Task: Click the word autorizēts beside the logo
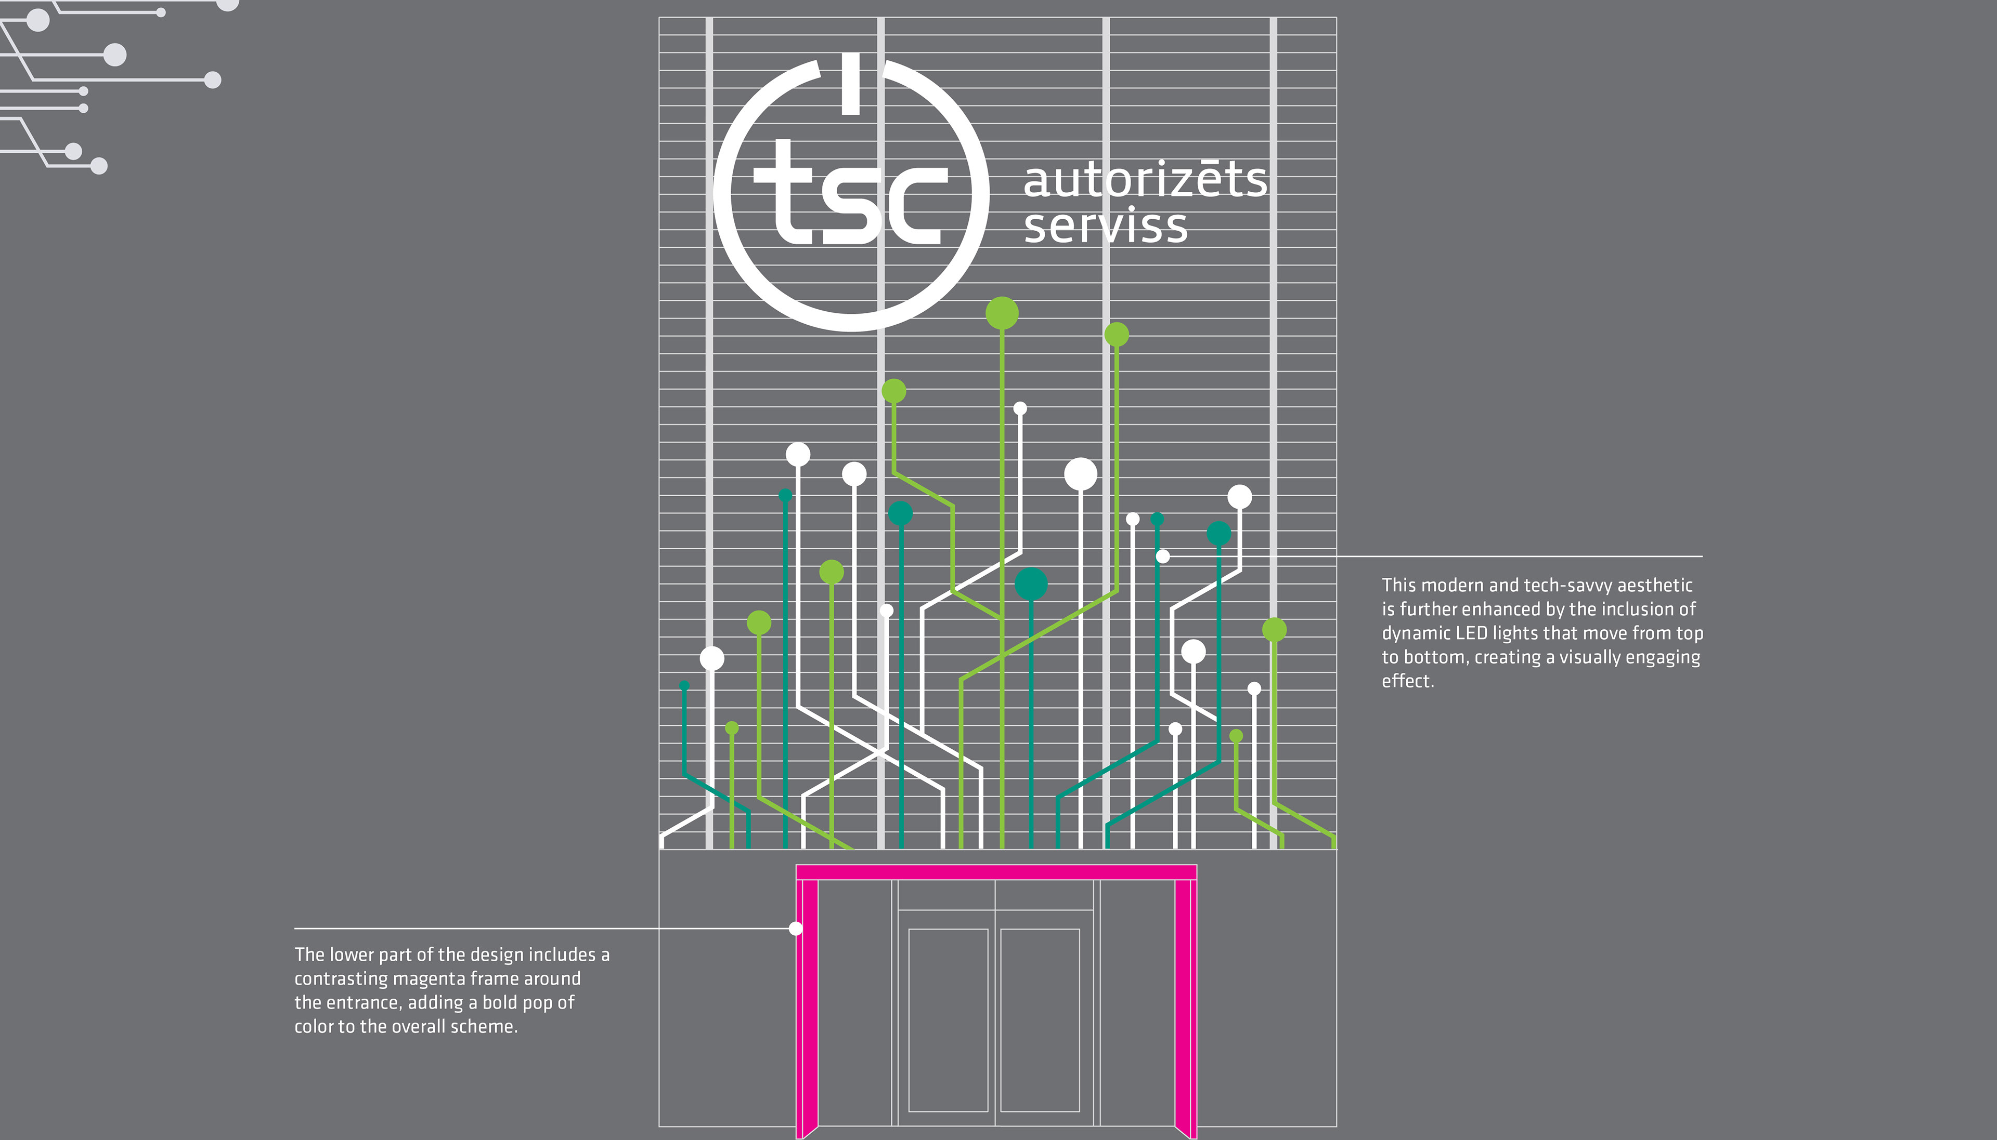point(1145,180)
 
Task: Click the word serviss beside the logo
point(1106,226)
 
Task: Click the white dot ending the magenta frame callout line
point(795,929)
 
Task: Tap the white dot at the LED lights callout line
point(1163,556)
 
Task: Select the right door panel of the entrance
point(1040,1019)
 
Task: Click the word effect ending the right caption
point(1406,681)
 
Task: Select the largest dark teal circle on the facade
point(1031,584)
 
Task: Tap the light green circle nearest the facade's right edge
point(1275,630)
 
